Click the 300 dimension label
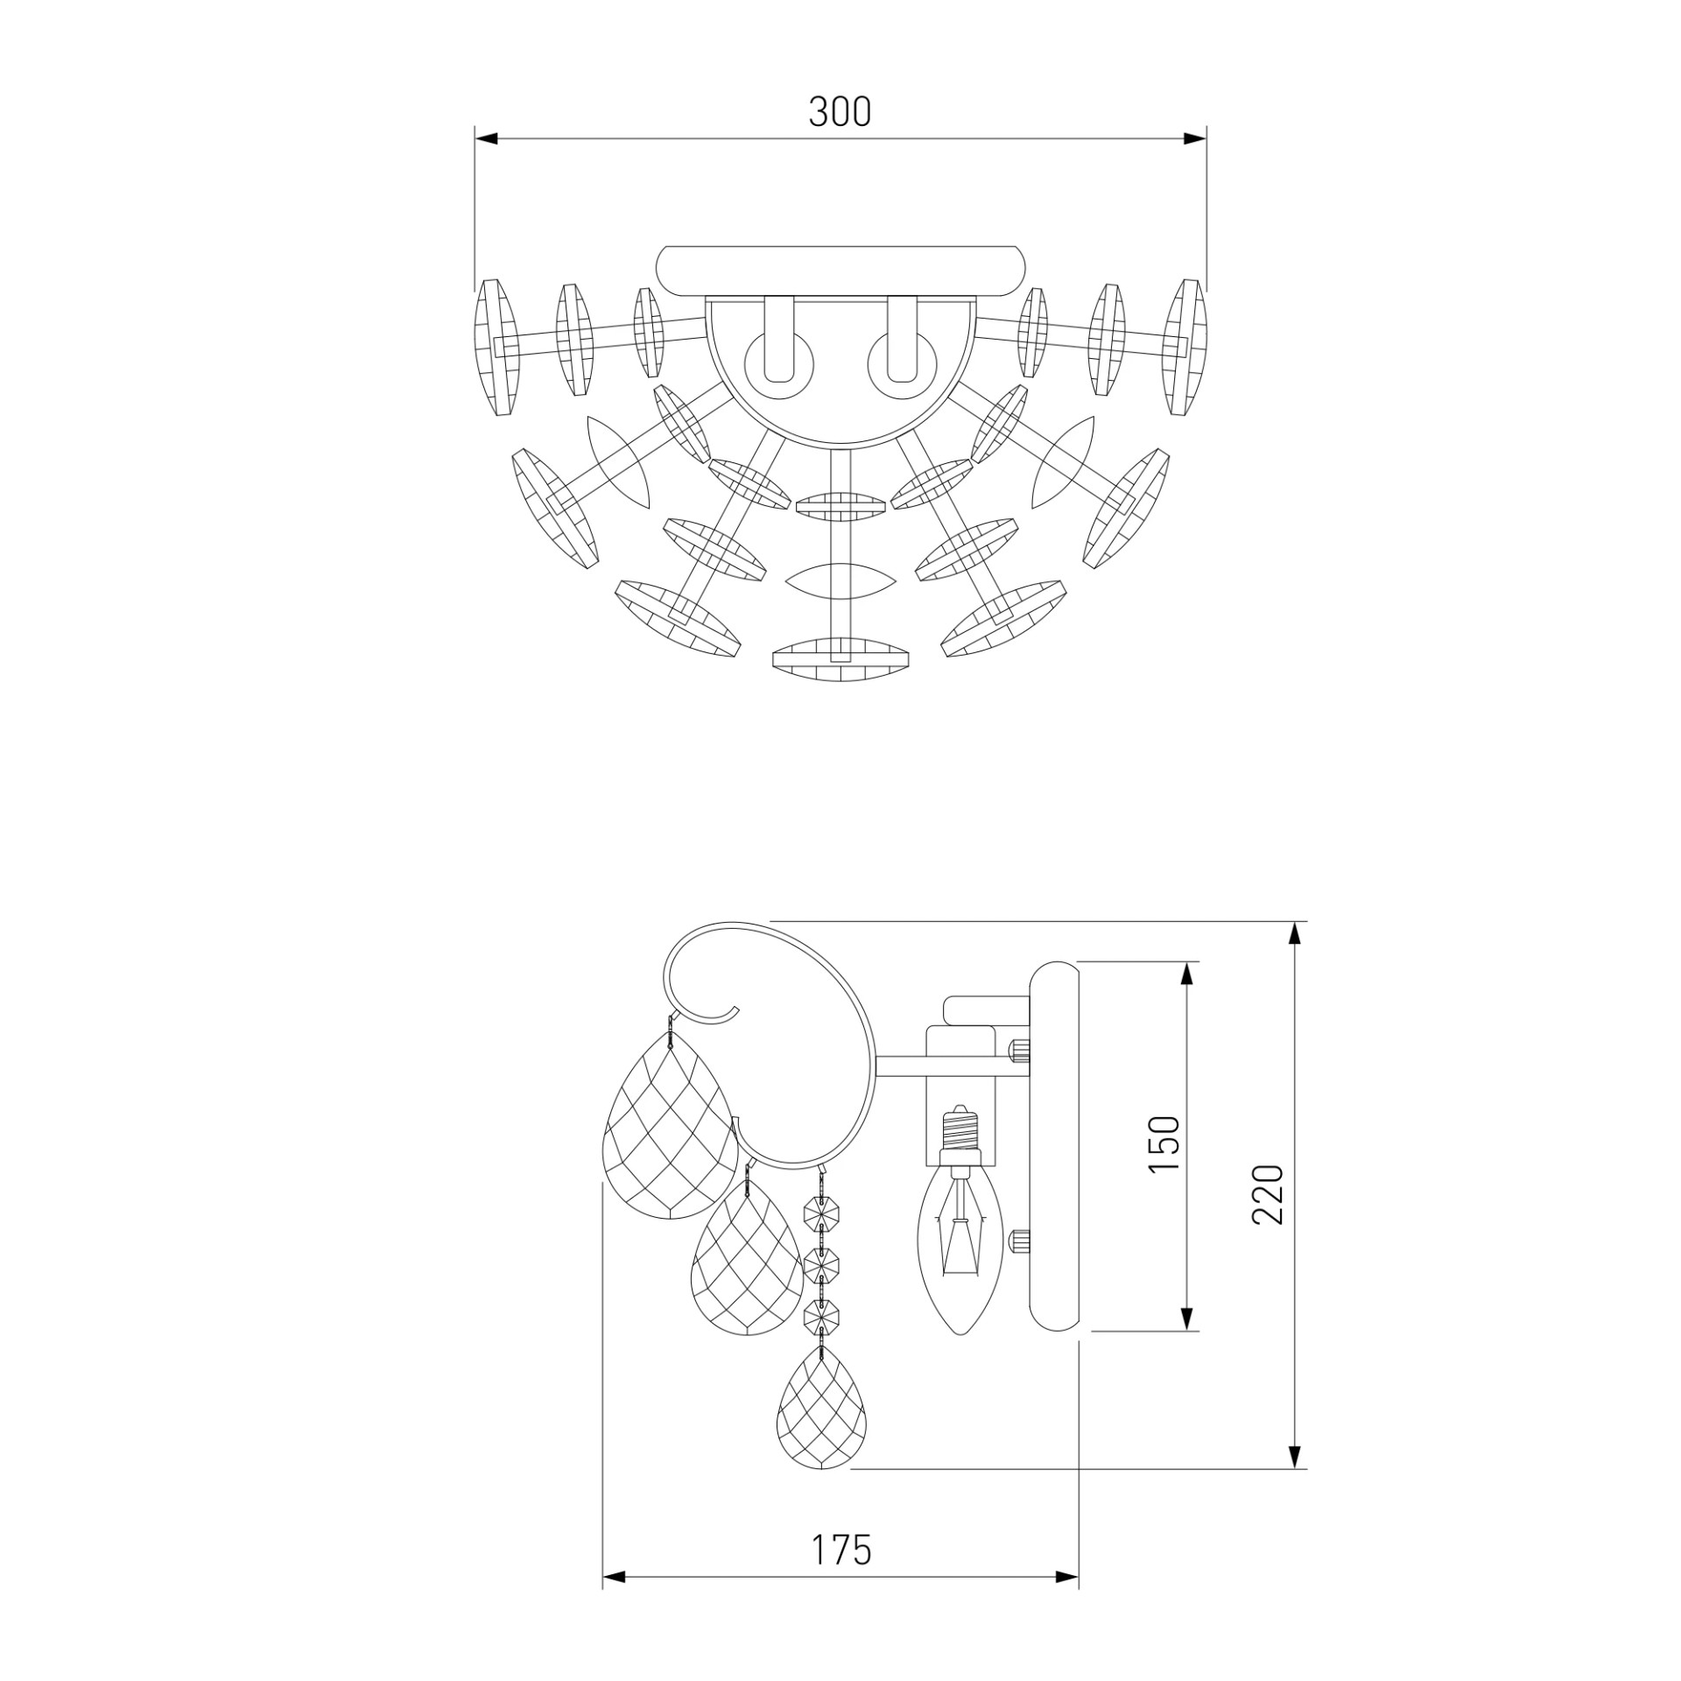[840, 112]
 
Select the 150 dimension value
[1164, 1143]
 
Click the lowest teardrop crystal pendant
[821, 1417]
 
